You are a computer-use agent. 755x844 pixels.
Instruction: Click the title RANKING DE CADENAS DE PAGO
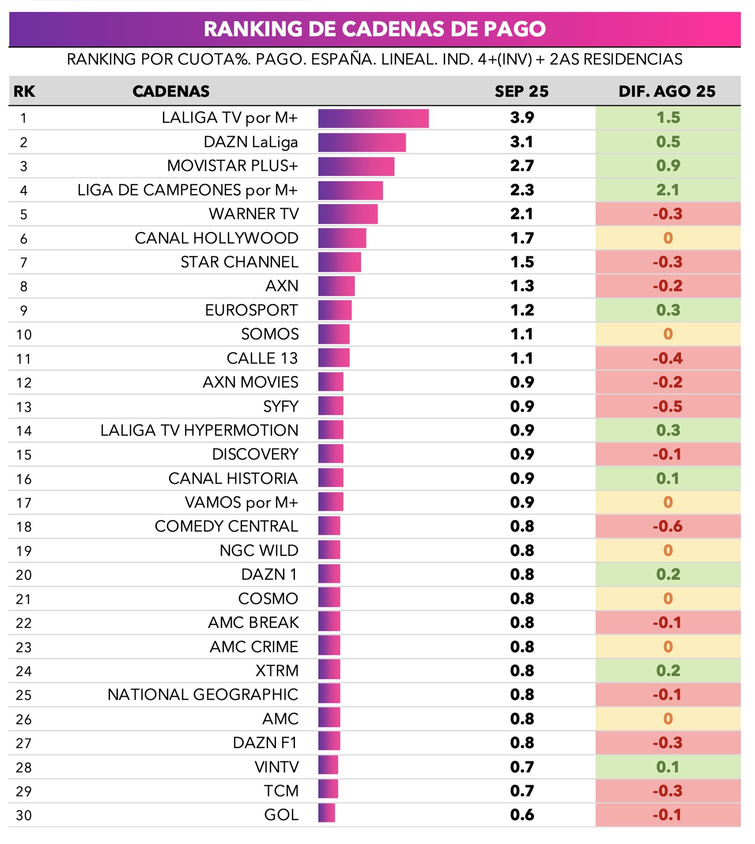tap(374, 29)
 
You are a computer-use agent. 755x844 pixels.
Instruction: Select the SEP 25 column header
tap(521, 91)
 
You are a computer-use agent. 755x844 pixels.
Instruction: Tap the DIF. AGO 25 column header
tap(667, 91)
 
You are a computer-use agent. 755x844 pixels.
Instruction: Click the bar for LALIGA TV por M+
tap(373, 119)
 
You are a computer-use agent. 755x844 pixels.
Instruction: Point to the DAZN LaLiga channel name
tap(251, 142)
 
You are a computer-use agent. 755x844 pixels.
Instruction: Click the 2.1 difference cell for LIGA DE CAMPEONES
tap(667, 190)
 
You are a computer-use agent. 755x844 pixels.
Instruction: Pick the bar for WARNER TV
tap(348, 214)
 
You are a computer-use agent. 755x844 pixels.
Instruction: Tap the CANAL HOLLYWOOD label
tap(217, 238)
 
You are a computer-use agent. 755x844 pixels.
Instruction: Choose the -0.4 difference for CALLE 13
tap(667, 358)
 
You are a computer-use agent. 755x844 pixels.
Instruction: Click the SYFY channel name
tap(280, 407)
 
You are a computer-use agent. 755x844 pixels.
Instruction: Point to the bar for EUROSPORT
tap(335, 311)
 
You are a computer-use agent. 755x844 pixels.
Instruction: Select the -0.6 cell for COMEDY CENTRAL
tap(667, 526)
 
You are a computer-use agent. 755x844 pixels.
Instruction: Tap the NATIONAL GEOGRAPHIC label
tap(202, 694)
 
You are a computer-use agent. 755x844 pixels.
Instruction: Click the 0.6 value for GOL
tap(521, 815)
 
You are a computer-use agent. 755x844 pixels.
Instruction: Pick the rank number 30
tap(24, 815)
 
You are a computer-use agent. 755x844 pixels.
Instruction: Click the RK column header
tap(24, 91)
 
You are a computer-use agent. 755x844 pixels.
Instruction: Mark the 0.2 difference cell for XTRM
tap(667, 671)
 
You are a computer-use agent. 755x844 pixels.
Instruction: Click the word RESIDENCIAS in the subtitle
tap(633, 59)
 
